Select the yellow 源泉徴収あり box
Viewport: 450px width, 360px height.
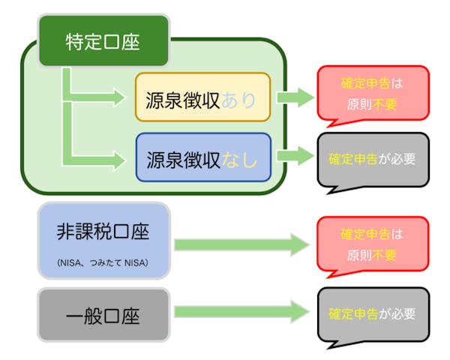pos(202,97)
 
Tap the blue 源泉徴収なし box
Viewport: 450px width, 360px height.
pos(203,157)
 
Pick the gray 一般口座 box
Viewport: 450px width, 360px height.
pos(103,313)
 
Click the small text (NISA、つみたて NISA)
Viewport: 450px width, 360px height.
pos(103,262)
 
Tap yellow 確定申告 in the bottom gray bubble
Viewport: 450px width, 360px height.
pos(352,314)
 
